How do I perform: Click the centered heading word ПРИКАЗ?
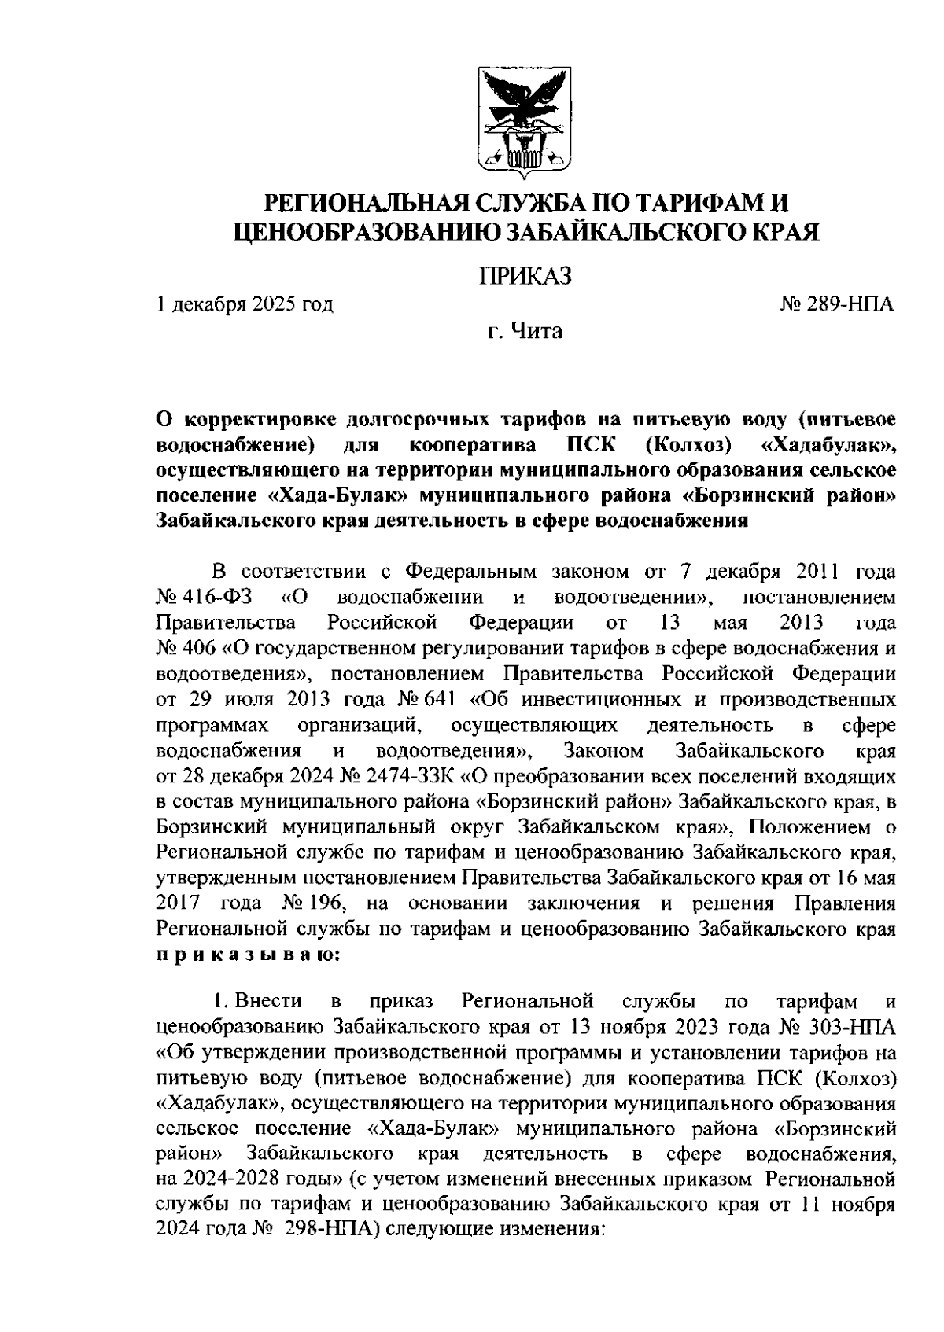pyautogui.click(x=525, y=276)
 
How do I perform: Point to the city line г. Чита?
pyautogui.click(x=524, y=331)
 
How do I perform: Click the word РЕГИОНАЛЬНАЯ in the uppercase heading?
pyautogui.click(x=369, y=203)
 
